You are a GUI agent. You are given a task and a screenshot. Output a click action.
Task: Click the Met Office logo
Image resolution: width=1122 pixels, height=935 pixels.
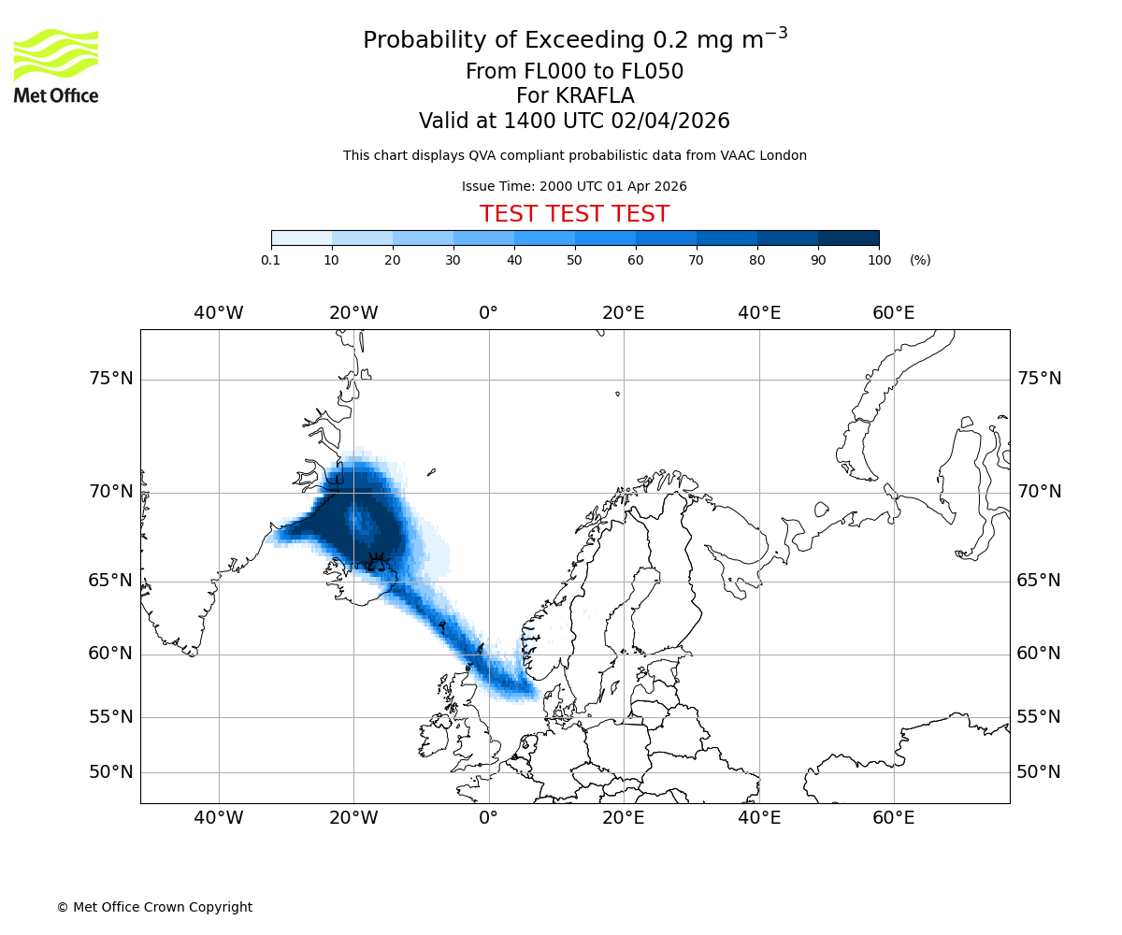56,65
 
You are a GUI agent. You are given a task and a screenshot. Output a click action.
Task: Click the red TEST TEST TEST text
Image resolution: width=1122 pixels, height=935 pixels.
574,215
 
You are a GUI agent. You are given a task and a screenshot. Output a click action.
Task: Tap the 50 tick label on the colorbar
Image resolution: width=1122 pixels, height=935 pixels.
574,260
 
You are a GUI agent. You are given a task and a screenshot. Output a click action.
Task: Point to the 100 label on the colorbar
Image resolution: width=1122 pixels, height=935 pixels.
879,260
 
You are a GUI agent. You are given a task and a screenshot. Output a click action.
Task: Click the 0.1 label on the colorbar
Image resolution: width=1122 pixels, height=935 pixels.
270,260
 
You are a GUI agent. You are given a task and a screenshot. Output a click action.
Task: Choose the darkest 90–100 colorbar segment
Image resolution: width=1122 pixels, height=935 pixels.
848,238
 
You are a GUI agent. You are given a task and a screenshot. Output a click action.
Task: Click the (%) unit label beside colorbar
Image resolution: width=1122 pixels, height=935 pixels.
920,260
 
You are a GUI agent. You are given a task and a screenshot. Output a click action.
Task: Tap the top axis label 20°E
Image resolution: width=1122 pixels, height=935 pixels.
624,313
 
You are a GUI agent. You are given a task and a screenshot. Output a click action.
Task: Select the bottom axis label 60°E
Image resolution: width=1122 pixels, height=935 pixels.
894,818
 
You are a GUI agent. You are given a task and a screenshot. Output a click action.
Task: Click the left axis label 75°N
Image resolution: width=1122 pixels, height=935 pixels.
110,379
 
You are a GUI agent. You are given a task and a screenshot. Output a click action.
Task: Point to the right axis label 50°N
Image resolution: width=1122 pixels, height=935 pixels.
1039,772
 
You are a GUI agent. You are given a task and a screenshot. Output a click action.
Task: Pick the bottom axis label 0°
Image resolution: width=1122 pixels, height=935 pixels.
488,818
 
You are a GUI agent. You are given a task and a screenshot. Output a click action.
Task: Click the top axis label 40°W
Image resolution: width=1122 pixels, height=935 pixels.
219,313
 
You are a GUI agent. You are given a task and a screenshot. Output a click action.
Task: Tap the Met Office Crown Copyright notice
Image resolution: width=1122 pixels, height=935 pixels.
154,907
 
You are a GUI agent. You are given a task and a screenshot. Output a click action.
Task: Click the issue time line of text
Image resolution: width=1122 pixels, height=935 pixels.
574,187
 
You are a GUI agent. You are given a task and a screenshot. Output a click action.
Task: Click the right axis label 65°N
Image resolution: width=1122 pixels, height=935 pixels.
1039,581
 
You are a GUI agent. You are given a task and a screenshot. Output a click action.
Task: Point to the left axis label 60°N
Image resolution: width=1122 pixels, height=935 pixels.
110,654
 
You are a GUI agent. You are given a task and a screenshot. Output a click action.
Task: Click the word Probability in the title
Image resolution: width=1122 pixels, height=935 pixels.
420,41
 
